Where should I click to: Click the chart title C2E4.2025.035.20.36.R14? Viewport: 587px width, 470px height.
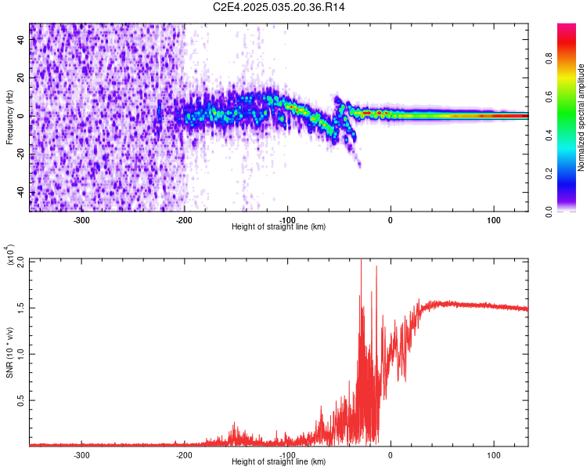[279, 7]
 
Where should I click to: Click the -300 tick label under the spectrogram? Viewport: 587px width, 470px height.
[81, 220]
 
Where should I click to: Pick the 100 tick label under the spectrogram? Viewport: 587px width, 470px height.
[493, 220]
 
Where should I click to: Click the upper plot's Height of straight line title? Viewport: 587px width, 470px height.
[279, 227]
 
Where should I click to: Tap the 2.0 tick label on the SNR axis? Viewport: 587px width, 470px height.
[20, 261]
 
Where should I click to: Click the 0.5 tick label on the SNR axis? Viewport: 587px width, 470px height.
[20, 399]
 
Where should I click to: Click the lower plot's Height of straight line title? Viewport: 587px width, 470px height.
[279, 462]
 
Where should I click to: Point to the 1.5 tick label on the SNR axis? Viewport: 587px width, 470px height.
[20, 307]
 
